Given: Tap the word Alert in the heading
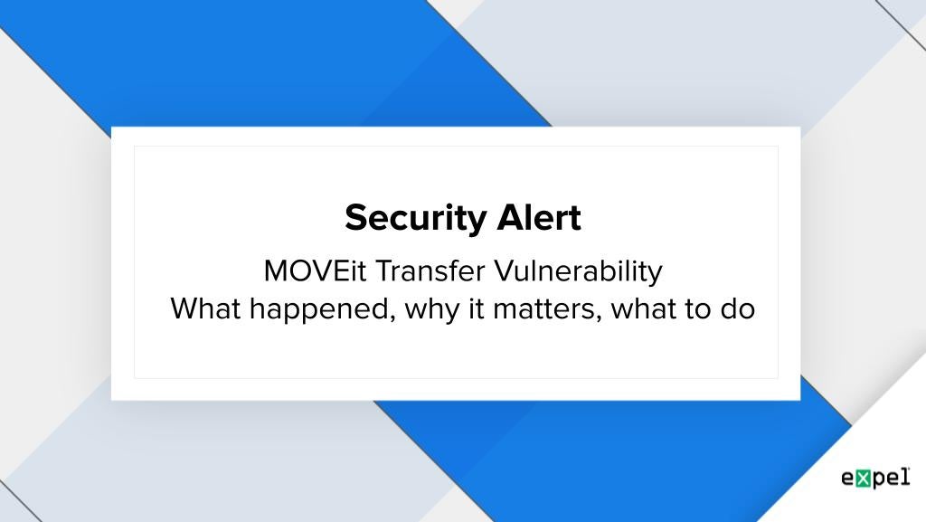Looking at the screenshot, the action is point(539,217).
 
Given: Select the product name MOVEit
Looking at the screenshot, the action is point(316,271).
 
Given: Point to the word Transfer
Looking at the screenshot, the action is point(430,271).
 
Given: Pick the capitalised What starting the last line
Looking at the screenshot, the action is point(205,308).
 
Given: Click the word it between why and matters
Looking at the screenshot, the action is point(477,308).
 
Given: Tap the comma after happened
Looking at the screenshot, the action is point(392,319).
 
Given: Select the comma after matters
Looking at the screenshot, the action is point(598,319).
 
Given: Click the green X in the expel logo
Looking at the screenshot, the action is point(863,479).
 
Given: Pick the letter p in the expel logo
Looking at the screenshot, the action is point(878,480).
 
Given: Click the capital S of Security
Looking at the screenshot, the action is point(357,217).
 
